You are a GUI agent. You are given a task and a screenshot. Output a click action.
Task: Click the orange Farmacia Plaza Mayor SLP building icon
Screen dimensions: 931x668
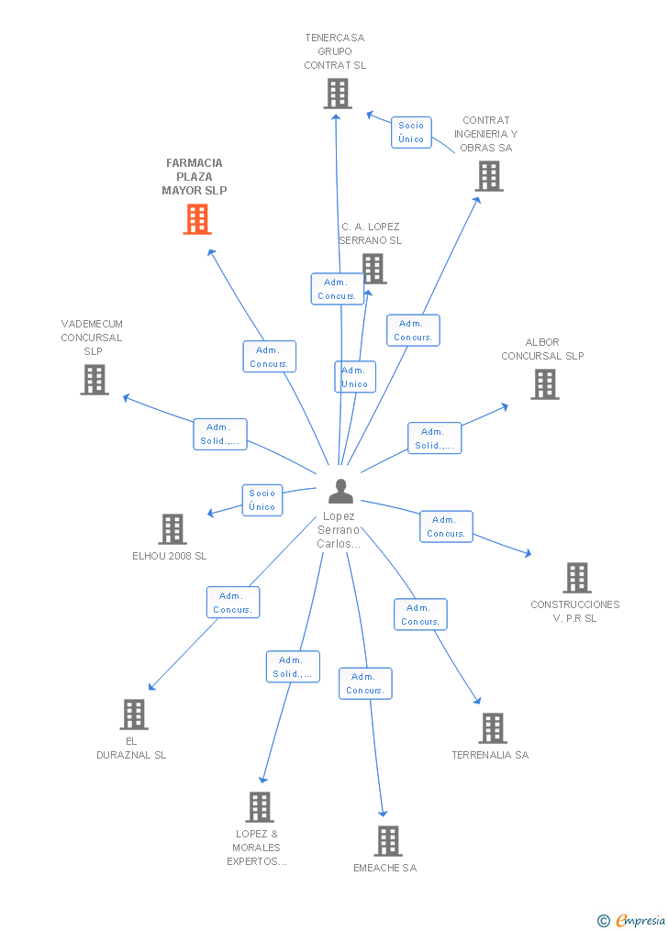pos(197,219)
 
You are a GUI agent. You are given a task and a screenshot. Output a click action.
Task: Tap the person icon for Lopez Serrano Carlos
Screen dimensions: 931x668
pos(340,493)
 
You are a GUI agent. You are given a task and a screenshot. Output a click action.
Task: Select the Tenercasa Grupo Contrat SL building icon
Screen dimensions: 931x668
pos(337,94)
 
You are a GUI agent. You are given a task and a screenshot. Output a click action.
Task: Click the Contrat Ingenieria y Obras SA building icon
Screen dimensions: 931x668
pos(489,176)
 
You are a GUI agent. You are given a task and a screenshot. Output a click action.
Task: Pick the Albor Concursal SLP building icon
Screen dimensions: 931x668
pos(544,384)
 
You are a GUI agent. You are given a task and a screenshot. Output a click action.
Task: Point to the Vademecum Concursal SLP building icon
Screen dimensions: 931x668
pos(95,380)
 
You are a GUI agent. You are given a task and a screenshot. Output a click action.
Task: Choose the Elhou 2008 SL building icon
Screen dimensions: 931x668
pos(173,529)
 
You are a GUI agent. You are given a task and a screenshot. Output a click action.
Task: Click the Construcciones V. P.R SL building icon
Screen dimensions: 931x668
pos(576,578)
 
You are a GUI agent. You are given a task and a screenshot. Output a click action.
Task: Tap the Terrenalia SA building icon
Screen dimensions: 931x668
pos(492,728)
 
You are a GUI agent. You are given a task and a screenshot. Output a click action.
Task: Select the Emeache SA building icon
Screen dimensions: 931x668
pos(387,841)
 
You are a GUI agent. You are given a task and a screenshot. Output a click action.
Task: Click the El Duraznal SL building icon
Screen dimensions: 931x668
pos(134,715)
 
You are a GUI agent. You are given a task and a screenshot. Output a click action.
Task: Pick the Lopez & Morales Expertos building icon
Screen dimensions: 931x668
pos(260,807)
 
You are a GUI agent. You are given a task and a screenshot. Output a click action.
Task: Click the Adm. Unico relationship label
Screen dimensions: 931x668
pos(354,377)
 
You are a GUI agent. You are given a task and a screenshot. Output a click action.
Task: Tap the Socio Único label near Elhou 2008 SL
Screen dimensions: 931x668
pos(262,500)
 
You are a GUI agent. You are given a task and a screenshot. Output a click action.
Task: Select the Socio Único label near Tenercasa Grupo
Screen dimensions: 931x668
pos(411,132)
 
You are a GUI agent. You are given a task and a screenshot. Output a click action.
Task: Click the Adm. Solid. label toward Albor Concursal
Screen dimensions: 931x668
pos(434,438)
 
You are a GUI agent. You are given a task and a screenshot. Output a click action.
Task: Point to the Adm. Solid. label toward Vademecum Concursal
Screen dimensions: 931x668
pos(219,434)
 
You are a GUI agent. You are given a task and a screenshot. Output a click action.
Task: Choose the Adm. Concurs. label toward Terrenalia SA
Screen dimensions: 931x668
pos(420,615)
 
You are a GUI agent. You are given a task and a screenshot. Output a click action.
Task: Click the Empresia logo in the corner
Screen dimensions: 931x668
pos(633,920)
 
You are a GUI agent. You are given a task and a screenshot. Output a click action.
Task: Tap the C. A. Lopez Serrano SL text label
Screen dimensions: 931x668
pos(371,233)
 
